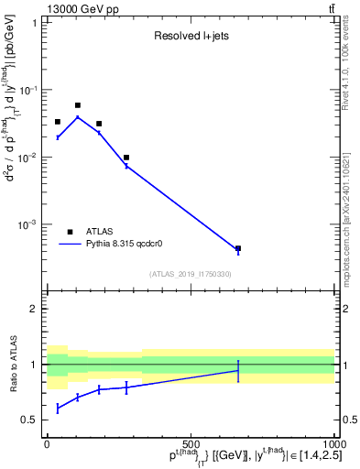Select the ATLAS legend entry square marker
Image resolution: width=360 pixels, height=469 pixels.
[70, 232]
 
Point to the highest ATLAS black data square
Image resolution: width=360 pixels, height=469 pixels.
[78, 105]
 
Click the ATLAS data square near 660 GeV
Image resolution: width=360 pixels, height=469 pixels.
[238, 248]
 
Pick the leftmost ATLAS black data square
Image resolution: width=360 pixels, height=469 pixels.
[58, 122]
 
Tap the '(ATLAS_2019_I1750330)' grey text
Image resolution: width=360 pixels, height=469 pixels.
[191, 274]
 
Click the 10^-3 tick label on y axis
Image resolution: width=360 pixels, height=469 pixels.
[30, 224]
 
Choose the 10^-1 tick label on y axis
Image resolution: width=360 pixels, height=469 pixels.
[30, 90]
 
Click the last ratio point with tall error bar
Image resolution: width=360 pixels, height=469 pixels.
[238, 370]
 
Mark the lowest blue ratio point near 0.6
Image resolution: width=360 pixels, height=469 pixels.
[58, 408]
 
